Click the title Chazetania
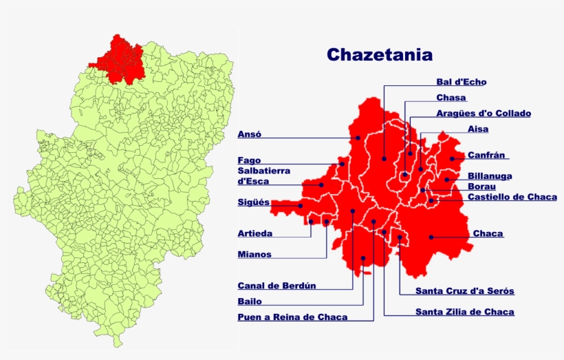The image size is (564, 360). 380,54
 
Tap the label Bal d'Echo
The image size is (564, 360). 461,82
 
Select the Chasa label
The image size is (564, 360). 451,98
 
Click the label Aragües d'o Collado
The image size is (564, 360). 484,114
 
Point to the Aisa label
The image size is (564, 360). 478,129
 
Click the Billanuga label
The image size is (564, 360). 490,176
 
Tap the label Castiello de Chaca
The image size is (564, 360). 512,197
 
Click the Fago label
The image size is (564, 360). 249,160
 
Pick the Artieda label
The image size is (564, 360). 254,233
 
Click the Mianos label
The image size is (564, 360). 254,255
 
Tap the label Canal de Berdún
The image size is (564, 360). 276,286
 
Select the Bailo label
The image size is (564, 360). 250,301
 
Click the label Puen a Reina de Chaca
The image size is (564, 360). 292,317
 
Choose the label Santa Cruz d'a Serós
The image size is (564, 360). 465,291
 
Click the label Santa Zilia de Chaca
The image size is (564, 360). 464,312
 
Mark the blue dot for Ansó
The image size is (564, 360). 358,138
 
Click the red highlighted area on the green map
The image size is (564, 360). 117,59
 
